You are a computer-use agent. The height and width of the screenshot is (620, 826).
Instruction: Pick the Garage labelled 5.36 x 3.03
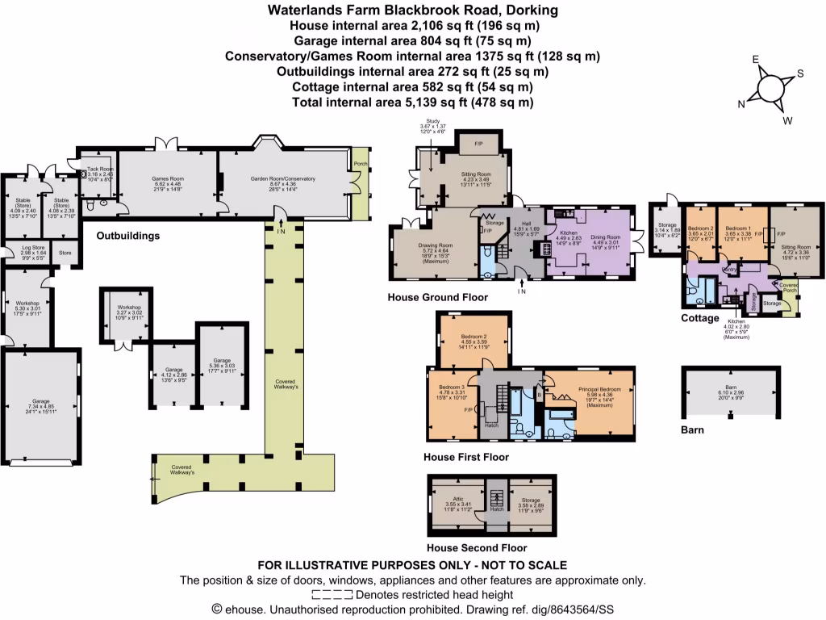[x=222, y=365]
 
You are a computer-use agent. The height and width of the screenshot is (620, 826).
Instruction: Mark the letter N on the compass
[x=742, y=103]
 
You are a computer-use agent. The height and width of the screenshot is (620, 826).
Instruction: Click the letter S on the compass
[x=800, y=73]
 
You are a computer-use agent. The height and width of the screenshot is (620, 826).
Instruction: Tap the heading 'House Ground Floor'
[x=438, y=297]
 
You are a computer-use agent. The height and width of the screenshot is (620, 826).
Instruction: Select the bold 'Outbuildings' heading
[x=127, y=237]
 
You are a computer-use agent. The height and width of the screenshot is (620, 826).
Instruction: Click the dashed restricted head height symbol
[x=332, y=594]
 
